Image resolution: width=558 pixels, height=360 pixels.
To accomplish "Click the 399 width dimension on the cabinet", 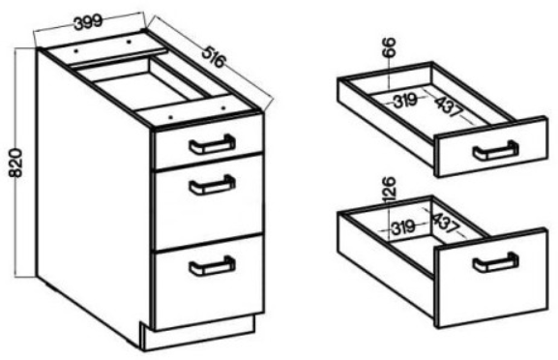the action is click(x=88, y=22).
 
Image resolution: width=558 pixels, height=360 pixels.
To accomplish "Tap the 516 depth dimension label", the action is click(x=214, y=57).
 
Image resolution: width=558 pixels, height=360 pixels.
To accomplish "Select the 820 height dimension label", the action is click(x=15, y=164).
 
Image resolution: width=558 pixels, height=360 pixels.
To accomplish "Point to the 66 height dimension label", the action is click(x=389, y=46).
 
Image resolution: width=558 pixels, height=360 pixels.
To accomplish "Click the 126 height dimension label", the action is click(x=389, y=189).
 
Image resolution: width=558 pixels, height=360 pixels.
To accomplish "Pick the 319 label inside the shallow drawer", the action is click(x=405, y=100).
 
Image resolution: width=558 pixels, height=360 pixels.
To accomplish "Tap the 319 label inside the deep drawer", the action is click(x=403, y=227).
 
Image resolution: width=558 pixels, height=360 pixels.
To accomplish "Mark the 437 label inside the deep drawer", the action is click(x=445, y=223).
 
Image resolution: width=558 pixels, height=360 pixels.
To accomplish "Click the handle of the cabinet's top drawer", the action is click(x=212, y=144).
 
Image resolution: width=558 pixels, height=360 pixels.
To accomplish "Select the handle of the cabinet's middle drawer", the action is click(x=212, y=185).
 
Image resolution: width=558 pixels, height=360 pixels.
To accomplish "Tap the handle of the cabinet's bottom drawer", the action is click(x=212, y=265).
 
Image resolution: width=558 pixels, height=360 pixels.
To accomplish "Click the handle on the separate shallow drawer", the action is click(x=496, y=151).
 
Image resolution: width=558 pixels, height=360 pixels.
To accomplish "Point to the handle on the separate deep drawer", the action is click(x=496, y=262).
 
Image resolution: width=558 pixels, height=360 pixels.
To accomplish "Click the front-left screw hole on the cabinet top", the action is click(x=171, y=117).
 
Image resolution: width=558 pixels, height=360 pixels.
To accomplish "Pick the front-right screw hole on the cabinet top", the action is click(x=223, y=107).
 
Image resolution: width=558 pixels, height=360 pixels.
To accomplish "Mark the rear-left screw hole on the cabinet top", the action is click(x=75, y=51).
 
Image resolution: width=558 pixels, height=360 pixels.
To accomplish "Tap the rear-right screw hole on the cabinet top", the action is click(x=129, y=42).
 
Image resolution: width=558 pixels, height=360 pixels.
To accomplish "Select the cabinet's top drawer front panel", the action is click(x=209, y=141).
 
